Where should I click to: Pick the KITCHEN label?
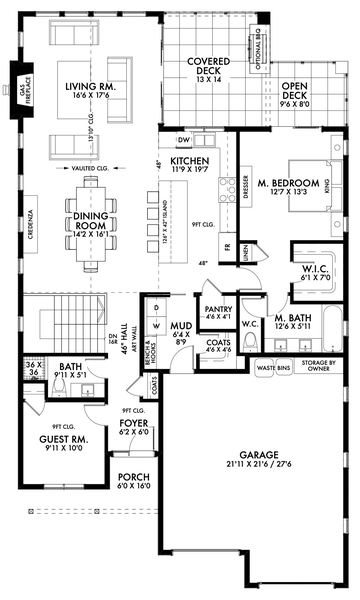pyautogui.click(x=188, y=161)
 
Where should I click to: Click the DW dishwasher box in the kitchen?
pyautogui.click(x=183, y=140)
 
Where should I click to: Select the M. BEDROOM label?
pyautogui.click(x=288, y=183)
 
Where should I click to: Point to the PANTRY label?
pyautogui.click(x=218, y=310)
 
